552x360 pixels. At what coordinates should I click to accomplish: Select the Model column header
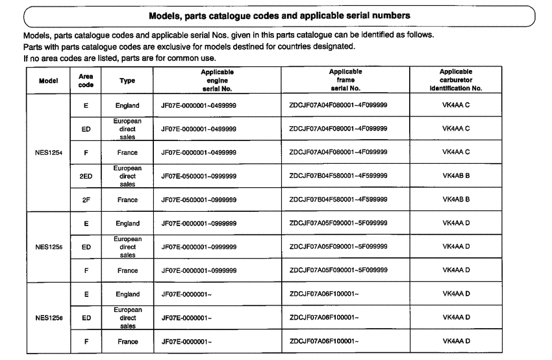pyautogui.click(x=45, y=81)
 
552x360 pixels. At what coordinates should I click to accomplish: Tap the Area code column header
pyautogui.click(x=86, y=81)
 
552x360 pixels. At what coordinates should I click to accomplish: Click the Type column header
pyautogui.click(x=127, y=81)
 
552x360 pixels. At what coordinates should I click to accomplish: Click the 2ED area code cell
pyautogui.click(x=86, y=176)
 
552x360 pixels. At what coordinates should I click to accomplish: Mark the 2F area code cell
pyautogui.click(x=86, y=199)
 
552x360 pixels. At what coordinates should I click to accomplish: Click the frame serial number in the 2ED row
pyautogui.click(x=338, y=176)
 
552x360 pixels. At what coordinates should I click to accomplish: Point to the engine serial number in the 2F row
pyautogui.click(x=198, y=199)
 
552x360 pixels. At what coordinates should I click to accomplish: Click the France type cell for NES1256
pyautogui.click(x=127, y=341)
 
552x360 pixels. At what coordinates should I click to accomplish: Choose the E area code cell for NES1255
pyautogui.click(x=86, y=224)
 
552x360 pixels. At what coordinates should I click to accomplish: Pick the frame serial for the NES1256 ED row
pyautogui.click(x=324, y=318)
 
